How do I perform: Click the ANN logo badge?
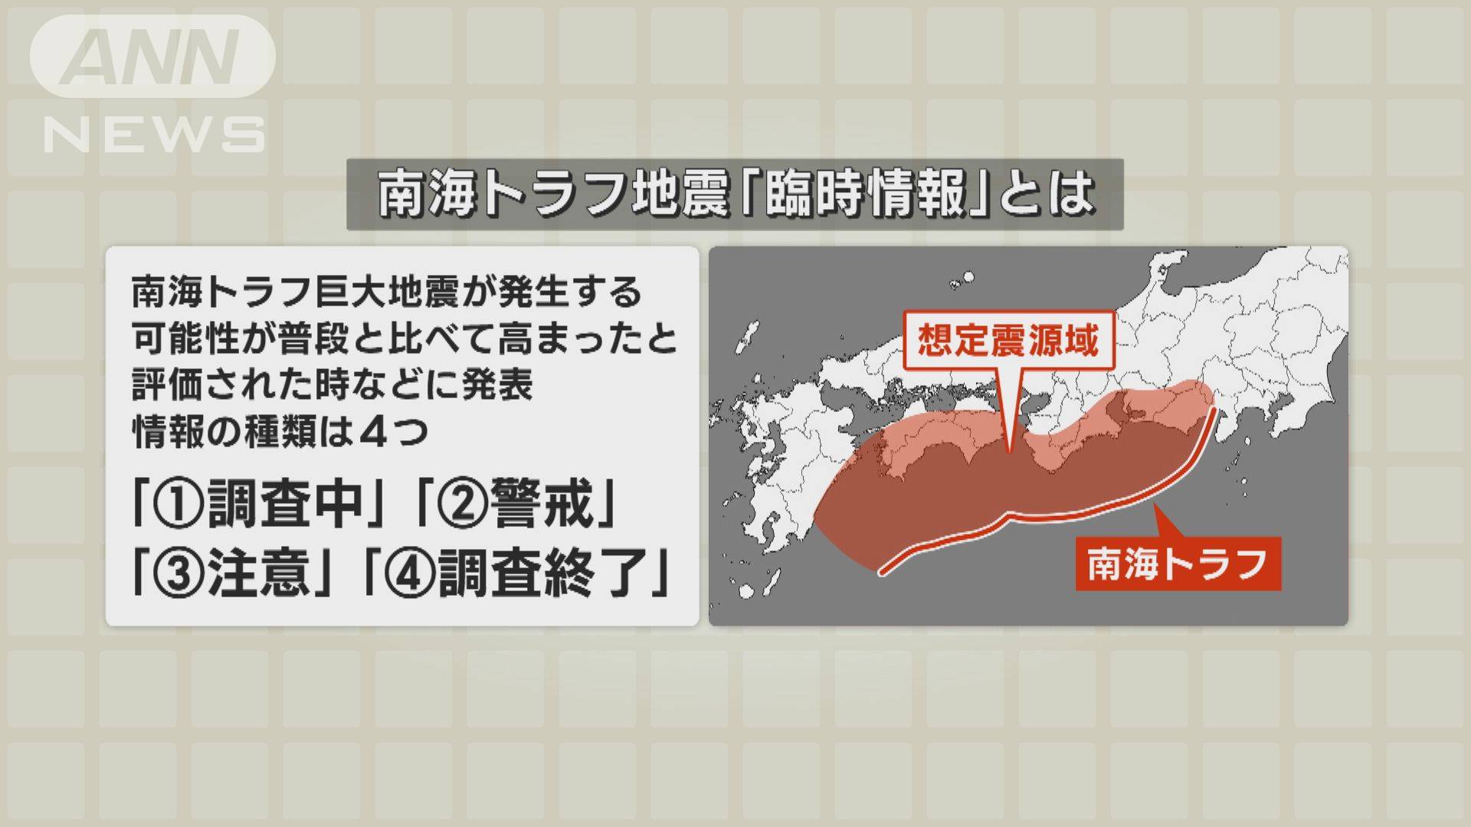(152, 56)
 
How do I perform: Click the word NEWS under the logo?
(154, 135)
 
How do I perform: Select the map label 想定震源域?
(1008, 340)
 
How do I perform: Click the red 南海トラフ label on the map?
(1178, 564)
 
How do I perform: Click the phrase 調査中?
(284, 503)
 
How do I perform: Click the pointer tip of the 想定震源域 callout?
(1009, 452)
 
